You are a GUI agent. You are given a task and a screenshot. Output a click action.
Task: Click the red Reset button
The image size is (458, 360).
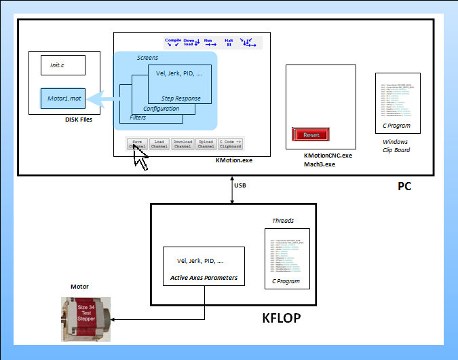point(311,134)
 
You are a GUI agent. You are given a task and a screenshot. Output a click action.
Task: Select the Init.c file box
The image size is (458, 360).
point(62,65)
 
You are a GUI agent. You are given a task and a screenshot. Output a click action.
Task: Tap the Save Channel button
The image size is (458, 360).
point(137,143)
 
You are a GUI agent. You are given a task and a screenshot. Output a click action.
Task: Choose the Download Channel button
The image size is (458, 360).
point(183,143)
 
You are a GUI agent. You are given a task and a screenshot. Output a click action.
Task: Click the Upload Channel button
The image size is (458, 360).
point(206,143)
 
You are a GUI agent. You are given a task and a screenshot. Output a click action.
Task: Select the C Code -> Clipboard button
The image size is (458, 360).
point(230,143)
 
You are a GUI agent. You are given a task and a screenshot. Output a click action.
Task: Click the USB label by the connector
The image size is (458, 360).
point(240,185)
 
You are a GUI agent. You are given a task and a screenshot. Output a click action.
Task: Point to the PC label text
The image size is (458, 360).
point(404,186)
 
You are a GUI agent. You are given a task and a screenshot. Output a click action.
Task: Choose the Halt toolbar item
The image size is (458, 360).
point(229,42)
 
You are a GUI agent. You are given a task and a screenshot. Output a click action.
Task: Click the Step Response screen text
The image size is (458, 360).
point(180,98)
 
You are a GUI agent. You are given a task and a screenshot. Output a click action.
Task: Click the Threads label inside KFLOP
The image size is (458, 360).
point(283,221)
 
